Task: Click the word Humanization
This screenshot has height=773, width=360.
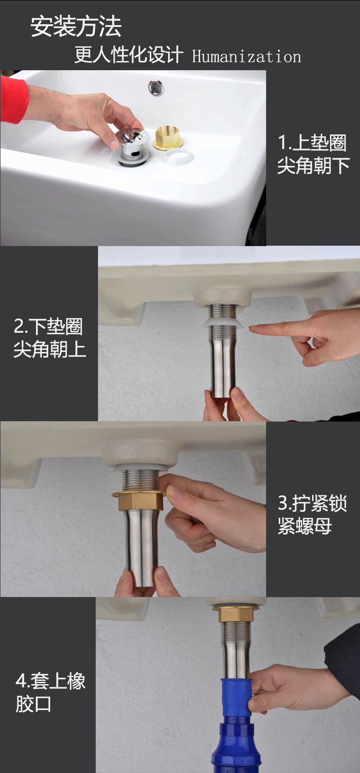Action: click(x=246, y=57)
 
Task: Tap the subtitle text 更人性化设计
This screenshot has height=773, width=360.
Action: click(x=129, y=56)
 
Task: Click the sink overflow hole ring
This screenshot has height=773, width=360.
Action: click(x=156, y=87)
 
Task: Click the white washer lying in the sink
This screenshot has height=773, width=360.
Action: click(x=177, y=157)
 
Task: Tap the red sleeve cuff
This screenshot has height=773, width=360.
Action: click(x=13, y=99)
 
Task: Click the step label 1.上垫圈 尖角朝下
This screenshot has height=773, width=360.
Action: click(x=313, y=154)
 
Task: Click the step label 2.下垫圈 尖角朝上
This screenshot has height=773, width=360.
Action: click(x=49, y=338)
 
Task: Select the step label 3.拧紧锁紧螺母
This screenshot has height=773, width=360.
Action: click(x=312, y=515)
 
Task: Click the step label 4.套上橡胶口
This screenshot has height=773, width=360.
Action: click(x=50, y=693)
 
